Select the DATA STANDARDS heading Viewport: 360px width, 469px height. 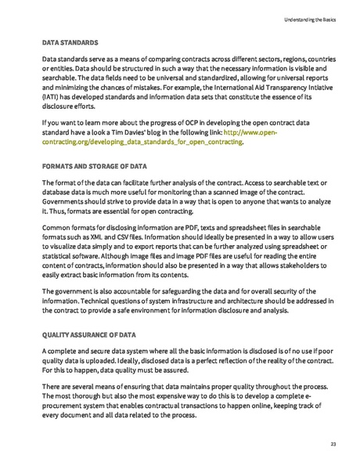[70, 41]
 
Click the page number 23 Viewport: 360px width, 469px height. [333, 444]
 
